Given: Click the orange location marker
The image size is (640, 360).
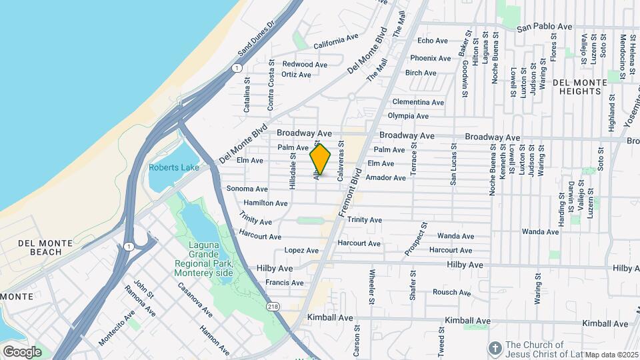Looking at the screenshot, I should click(321, 159).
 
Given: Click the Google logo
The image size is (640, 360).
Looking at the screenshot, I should click(22, 351).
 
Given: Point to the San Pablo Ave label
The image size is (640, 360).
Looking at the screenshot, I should click(545, 27).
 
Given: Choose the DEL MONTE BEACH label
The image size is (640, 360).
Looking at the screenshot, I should click(32, 247).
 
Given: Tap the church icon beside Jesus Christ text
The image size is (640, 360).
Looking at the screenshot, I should click(495, 347).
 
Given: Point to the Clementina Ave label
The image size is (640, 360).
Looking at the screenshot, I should click(418, 102).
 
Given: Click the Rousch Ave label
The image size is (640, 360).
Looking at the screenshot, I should click(451, 292).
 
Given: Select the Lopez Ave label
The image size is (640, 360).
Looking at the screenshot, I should click(301, 251).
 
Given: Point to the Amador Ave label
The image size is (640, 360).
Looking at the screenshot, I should click(385, 178).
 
